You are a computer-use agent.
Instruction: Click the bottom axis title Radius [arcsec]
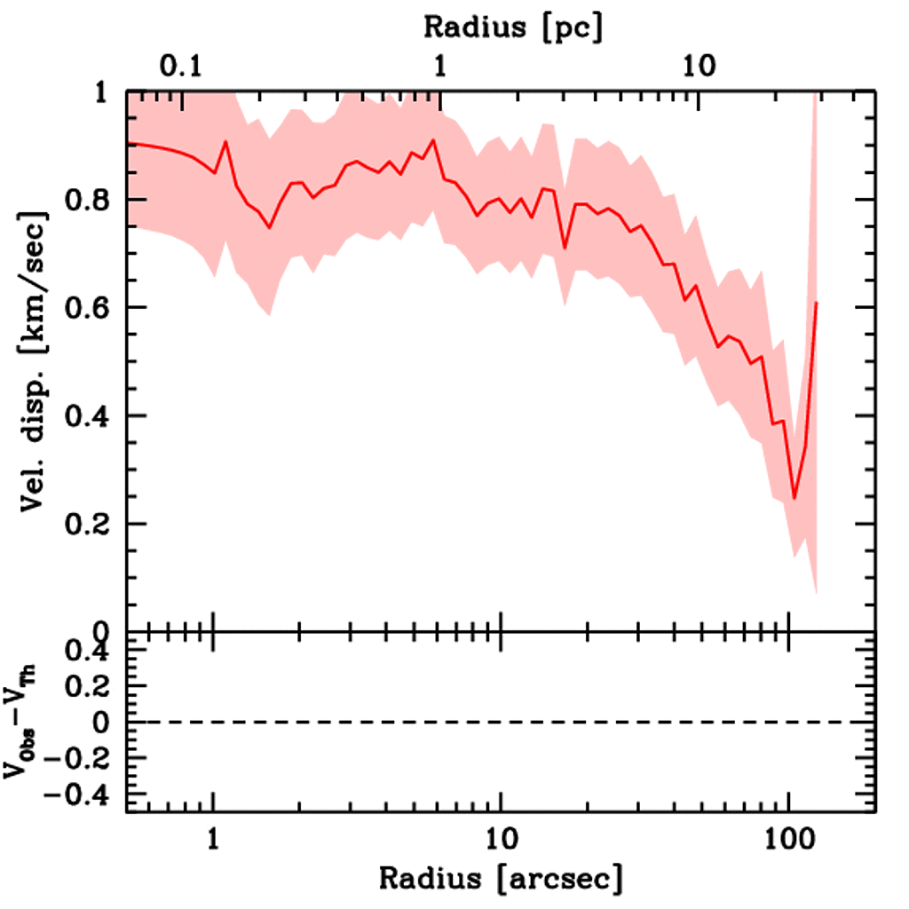click(502, 879)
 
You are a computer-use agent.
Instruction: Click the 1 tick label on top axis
click(439, 67)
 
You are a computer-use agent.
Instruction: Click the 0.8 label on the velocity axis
click(88, 201)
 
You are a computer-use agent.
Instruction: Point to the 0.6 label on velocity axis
click(88, 308)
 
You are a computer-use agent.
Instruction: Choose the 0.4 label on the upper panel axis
click(88, 416)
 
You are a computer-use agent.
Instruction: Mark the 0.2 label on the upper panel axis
click(88, 525)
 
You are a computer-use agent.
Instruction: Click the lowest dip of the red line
click(794, 498)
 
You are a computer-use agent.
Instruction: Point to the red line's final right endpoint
click(816, 303)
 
